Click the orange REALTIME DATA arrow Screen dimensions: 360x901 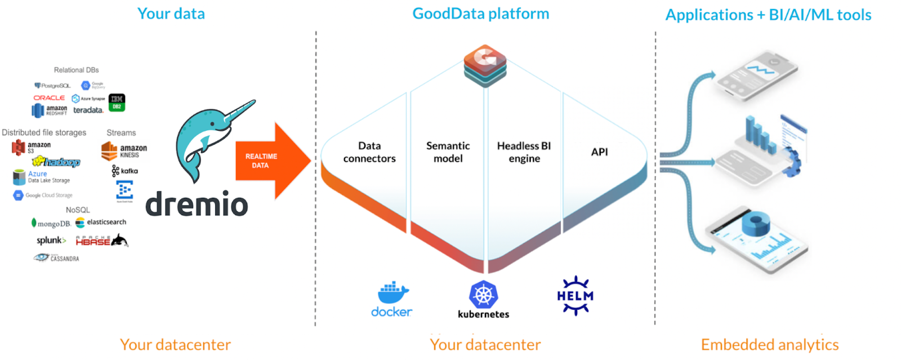point(267,161)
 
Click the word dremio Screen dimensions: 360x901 point(197,204)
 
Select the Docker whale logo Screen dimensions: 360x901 point(392,294)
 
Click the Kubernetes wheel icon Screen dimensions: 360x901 point(483,295)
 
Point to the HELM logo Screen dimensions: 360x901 point(575,296)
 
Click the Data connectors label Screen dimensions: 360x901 point(369,152)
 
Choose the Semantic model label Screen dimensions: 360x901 point(448,152)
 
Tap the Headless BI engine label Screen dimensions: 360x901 point(524,152)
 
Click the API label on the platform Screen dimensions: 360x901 point(599,152)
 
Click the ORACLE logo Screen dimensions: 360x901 point(49,98)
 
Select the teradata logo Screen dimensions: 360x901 point(88,110)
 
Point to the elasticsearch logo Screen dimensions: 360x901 point(101,222)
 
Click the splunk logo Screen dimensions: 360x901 point(51,241)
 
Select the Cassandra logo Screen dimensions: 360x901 point(56,258)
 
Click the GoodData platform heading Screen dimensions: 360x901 point(480,14)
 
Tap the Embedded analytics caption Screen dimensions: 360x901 point(769,344)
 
